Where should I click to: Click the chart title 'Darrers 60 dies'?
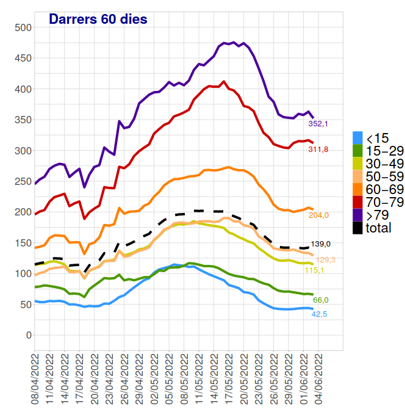point(98,19)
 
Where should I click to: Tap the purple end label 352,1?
point(318,124)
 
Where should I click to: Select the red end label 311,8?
point(318,150)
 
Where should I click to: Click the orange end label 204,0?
point(318,215)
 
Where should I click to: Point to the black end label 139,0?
point(321,244)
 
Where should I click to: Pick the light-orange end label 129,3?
point(325,260)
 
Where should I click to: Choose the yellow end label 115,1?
point(314,270)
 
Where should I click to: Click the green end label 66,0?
point(321,300)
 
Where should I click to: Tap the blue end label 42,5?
point(319,314)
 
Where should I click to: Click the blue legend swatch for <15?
point(357,138)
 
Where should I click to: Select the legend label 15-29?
point(385,151)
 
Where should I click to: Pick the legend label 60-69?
point(385,190)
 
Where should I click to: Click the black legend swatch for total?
point(357,228)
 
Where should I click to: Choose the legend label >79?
point(378,215)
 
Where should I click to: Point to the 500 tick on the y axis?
point(23,27)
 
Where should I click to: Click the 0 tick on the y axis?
point(29,335)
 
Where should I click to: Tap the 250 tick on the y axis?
point(23,182)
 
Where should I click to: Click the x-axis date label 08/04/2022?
point(35,378)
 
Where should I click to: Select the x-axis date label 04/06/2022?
point(318,378)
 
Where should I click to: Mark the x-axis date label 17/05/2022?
point(229,378)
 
